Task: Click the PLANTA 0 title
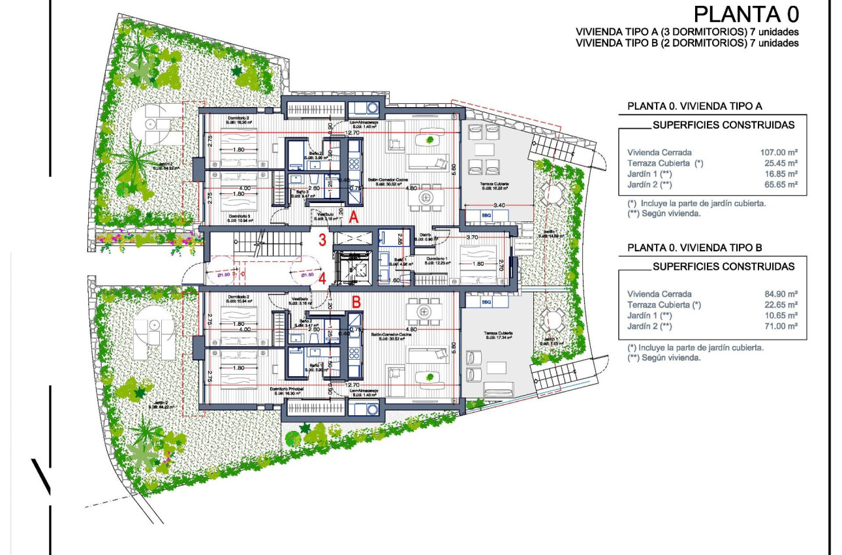coord(746,14)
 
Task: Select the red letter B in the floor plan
coord(356,302)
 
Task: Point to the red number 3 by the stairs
coord(322,240)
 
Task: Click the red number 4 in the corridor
coord(322,277)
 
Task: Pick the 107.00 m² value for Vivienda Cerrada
coord(775,151)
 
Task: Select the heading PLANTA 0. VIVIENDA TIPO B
coord(694,247)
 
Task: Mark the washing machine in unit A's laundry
coord(373,108)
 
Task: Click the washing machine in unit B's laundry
coord(373,409)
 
